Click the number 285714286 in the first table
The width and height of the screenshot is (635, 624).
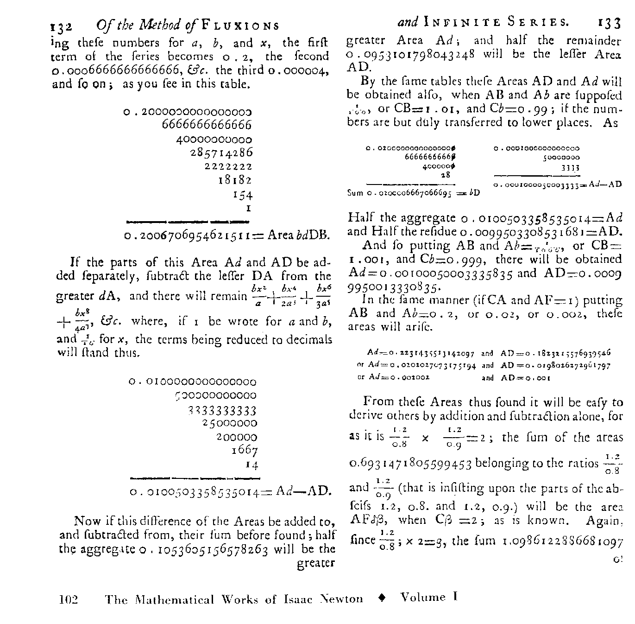(x=222, y=153)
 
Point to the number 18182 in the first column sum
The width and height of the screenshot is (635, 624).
(x=235, y=180)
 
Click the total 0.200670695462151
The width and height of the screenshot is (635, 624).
(x=187, y=236)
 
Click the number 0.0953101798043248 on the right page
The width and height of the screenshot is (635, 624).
(x=411, y=55)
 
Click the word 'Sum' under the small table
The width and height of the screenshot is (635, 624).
(x=355, y=192)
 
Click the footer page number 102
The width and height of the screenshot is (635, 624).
(x=69, y=599)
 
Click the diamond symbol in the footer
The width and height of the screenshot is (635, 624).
(x=382, y=598)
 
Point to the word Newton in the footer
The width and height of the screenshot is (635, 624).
(x=341, y=599)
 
